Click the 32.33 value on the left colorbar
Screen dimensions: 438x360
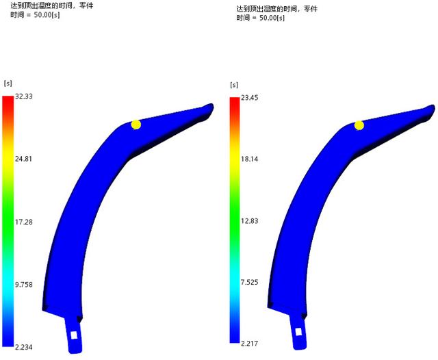click(x=24, y=97)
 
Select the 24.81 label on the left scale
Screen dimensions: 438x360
click(x=23, y=159)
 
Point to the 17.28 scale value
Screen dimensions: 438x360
click(x=24, y=222)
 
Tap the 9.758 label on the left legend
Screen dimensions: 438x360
click(x=24, y=285)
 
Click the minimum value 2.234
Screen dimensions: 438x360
click(x=24, y=347)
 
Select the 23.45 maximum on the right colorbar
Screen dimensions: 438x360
click(x=249, y=98)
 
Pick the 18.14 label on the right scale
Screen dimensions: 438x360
click(x=249, y=159)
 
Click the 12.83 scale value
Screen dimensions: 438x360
click(x=249, y=221)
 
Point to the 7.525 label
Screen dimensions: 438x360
click(x=249, y=282)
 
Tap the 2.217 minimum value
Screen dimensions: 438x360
click(x=249, y=344)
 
